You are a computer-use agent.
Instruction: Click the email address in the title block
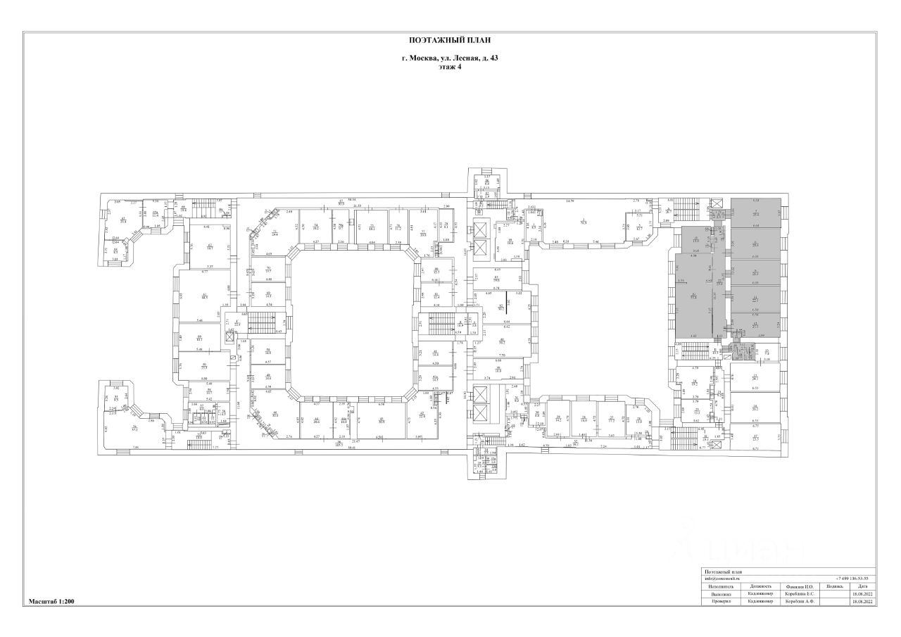(722, 579)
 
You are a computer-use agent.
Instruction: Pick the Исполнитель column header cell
(721, 586)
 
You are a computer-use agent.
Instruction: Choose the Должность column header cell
(760, 586)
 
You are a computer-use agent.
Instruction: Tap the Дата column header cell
(862, 586)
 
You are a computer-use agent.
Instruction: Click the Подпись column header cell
(833, 586)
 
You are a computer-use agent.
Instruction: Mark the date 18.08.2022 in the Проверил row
(862, 602)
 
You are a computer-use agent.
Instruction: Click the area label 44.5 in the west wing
(205, 296)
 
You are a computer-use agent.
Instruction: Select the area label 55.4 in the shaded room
(693, 296)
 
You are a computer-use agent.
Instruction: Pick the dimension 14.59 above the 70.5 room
(570, 201)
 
